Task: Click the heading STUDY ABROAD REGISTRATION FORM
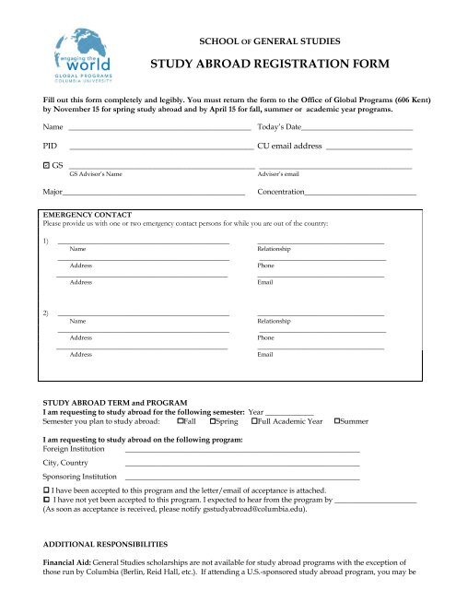point(271,65)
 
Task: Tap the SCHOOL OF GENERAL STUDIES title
point(270,41)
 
